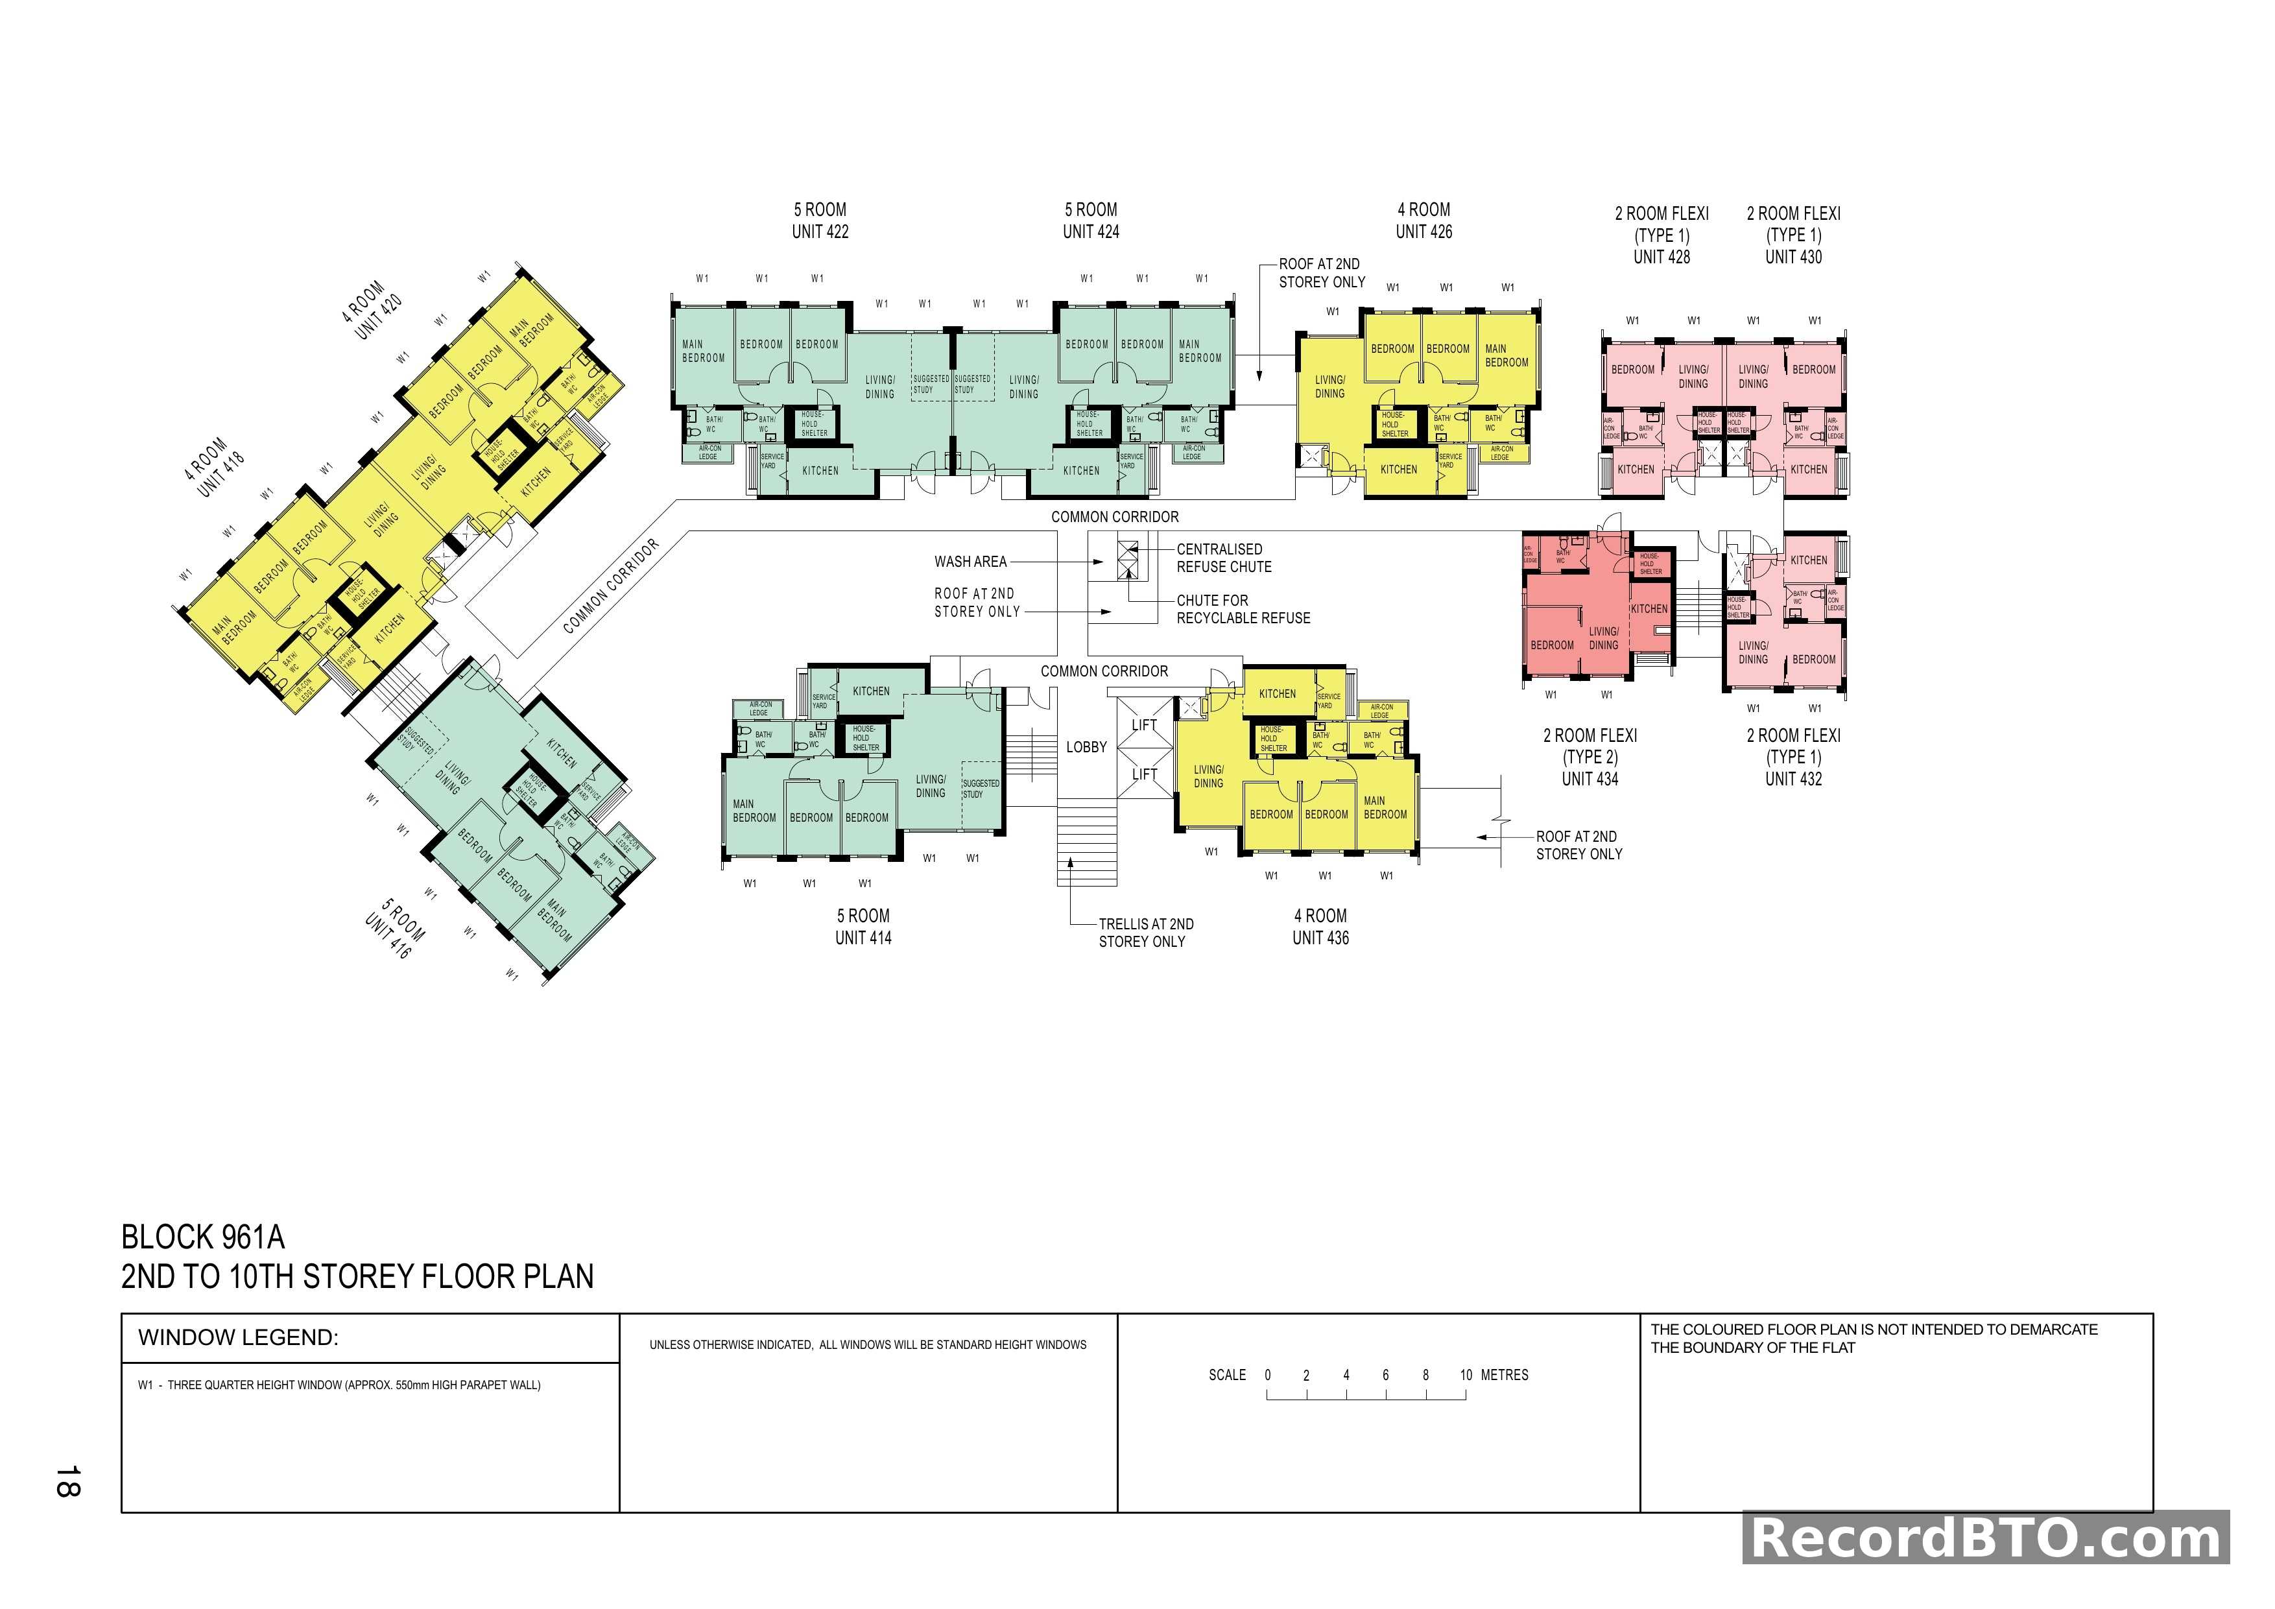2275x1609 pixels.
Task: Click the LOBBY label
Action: coord(1086,747)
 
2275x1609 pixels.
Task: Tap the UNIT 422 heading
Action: coord(820,232)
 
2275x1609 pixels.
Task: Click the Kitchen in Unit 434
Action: coord(1649,608)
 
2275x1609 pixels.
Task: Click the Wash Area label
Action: coord(970,562)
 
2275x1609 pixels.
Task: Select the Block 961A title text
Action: coord(203,1237)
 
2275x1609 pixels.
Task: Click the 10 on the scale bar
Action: coord(1466,1375)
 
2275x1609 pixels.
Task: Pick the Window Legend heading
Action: coord(238,1337)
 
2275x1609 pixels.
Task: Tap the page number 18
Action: coord(67,1481)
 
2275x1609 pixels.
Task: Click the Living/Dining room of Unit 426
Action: coord(1329,387)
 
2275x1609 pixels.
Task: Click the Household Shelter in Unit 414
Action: coord(864,738)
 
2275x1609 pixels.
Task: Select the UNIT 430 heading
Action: coord(1793,257)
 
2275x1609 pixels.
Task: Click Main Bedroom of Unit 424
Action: coord(1199,351)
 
